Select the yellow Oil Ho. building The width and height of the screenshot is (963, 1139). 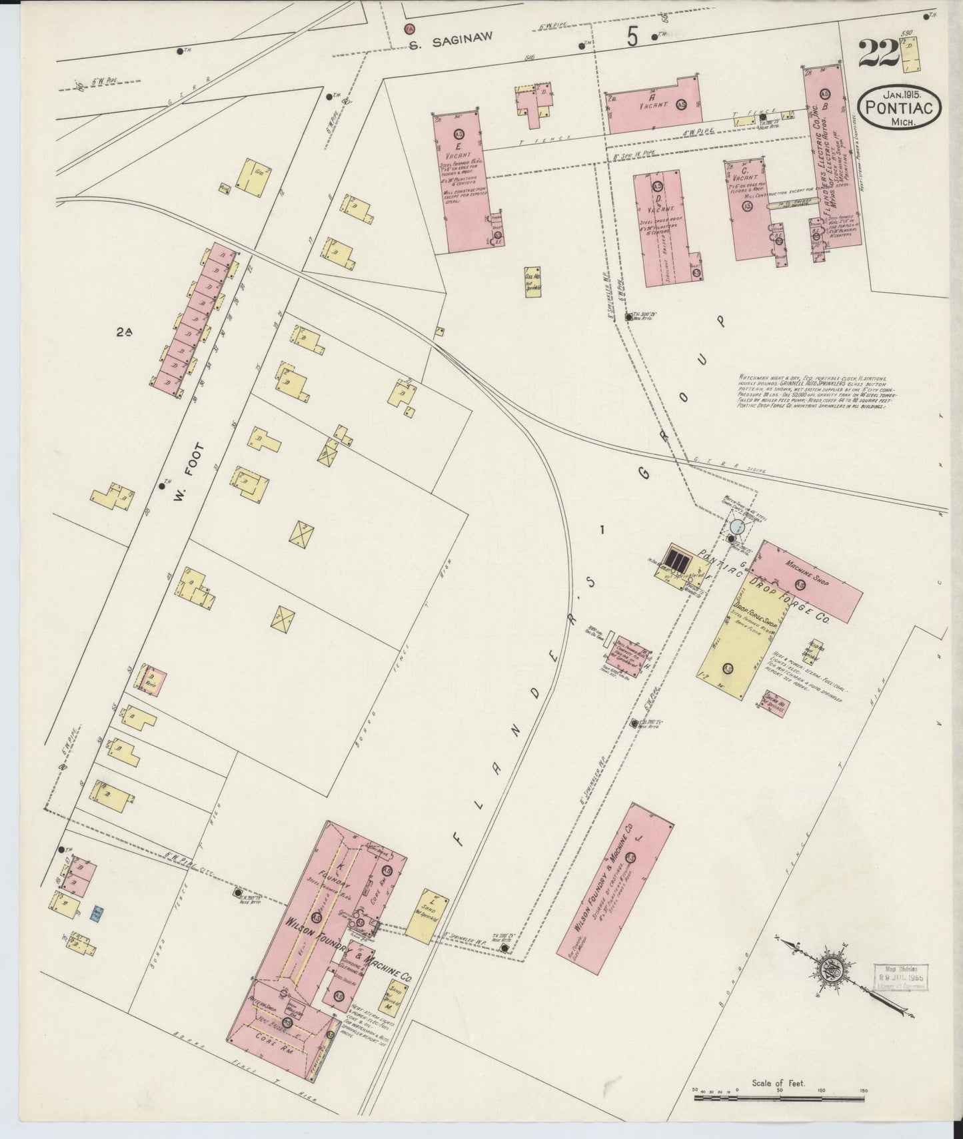pyautogui.click(x=533, y=282)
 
